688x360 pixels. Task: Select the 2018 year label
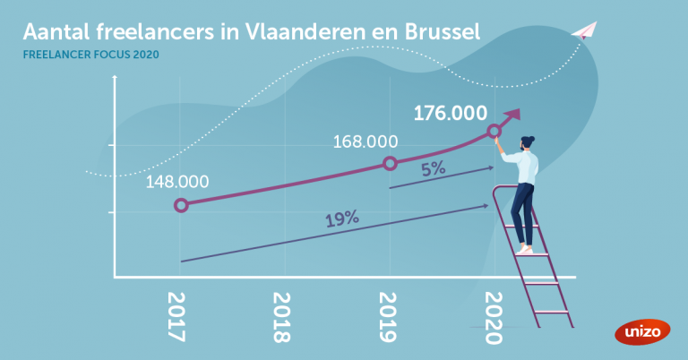coord(281,317)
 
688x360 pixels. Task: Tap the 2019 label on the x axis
coord(388,317)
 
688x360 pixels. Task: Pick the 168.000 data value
coord(365,141)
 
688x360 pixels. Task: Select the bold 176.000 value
coord(450,114)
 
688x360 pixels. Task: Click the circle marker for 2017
coord(181,205)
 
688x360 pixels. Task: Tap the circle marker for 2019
coord(390,163)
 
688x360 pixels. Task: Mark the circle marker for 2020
coord(494,132)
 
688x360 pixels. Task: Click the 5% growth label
coord(434,167)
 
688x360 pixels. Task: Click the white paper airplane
coord(583,30)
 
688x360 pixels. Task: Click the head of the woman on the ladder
coord(527,142)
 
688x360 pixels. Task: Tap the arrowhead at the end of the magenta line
coord(513,116)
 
